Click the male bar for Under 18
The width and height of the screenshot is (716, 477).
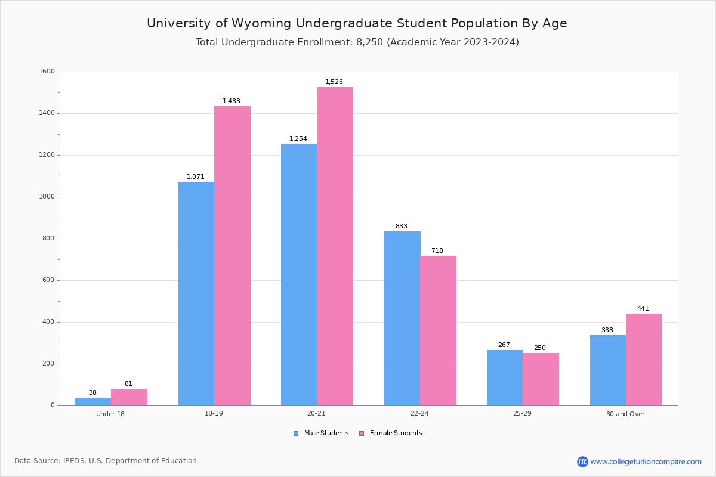click(93, 401)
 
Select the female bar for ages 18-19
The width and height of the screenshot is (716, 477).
click(232, 256)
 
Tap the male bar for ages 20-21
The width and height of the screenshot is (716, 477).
click(299, 274)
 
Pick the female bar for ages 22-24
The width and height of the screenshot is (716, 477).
click(438, 330)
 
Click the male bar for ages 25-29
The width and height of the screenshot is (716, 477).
click(505, 377)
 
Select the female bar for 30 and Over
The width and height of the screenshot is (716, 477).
click(644, 360)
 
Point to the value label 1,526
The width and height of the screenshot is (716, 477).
click(334, 82)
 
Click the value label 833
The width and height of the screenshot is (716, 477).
click(402, 227)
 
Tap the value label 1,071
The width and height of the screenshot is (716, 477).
click(196, 177)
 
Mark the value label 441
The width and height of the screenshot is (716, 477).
click(643, 309)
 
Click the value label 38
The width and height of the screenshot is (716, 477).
click(92, 393)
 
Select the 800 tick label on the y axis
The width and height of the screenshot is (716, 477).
click(49, 238)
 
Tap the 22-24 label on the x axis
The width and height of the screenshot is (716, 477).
click(419, 414)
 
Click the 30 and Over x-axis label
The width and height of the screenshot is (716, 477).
click(625, 414)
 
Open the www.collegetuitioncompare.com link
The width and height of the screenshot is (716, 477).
click(646, 461)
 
